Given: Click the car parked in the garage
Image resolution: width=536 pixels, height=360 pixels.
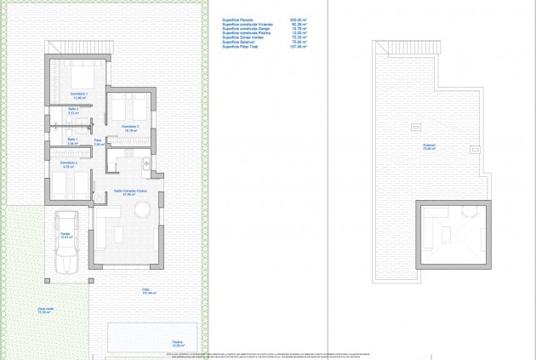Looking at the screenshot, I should tap(69, 243).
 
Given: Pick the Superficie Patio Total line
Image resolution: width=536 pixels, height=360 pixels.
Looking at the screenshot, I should tap(242, 49).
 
